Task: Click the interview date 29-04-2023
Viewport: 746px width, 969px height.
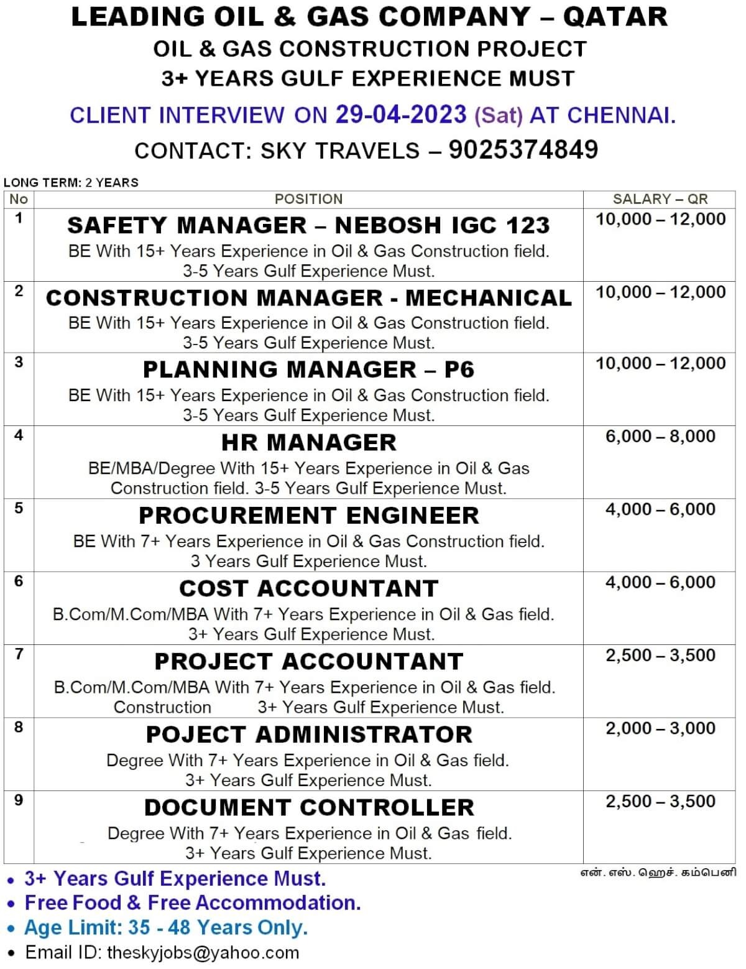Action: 401,114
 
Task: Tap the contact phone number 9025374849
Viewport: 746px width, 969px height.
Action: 523,149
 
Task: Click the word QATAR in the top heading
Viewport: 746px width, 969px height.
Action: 615,17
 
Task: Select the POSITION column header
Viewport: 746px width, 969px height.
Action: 308,199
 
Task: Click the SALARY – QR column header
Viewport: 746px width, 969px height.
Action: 660,199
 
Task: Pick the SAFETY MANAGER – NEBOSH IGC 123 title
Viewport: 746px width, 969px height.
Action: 308,225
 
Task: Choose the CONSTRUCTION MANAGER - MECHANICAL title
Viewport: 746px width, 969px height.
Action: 308,298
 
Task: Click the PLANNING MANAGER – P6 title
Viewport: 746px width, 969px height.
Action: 308,369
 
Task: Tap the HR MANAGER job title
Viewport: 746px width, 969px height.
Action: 308,442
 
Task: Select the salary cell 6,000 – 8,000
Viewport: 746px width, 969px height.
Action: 660,437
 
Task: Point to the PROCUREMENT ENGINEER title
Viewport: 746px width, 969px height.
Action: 308,516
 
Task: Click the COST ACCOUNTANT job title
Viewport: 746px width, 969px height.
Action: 308,588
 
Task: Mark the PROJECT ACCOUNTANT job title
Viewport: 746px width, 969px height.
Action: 308,661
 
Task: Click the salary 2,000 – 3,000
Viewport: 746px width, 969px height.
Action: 660,728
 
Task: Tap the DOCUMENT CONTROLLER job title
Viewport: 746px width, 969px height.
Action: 308,807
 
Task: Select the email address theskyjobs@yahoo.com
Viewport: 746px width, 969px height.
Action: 203,952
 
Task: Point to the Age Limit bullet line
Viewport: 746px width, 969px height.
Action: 166,927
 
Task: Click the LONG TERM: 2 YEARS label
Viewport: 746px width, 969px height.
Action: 71,182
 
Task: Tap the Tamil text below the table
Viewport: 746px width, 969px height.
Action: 658,872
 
